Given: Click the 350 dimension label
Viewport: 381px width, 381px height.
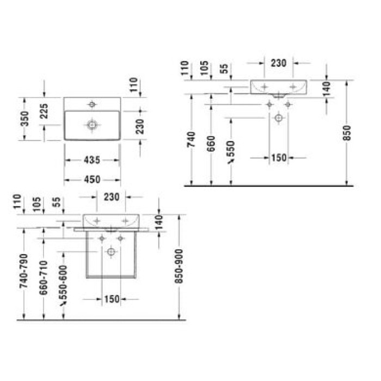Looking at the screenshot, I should (23, 119).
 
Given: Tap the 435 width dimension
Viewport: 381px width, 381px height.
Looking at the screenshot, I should (93, 160).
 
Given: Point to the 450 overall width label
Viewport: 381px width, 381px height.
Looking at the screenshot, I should (93, 180).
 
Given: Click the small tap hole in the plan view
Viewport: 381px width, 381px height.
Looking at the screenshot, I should (92, 103).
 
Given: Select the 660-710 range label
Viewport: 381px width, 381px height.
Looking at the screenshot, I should (44, 278).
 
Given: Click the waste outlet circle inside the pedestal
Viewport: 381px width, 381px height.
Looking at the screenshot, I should (111, 251).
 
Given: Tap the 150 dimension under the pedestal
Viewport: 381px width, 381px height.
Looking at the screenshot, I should (110, 298).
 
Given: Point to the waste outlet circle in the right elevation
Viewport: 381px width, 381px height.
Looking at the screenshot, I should (279, 117).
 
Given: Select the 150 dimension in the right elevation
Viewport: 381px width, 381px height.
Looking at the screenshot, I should (278, 158).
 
